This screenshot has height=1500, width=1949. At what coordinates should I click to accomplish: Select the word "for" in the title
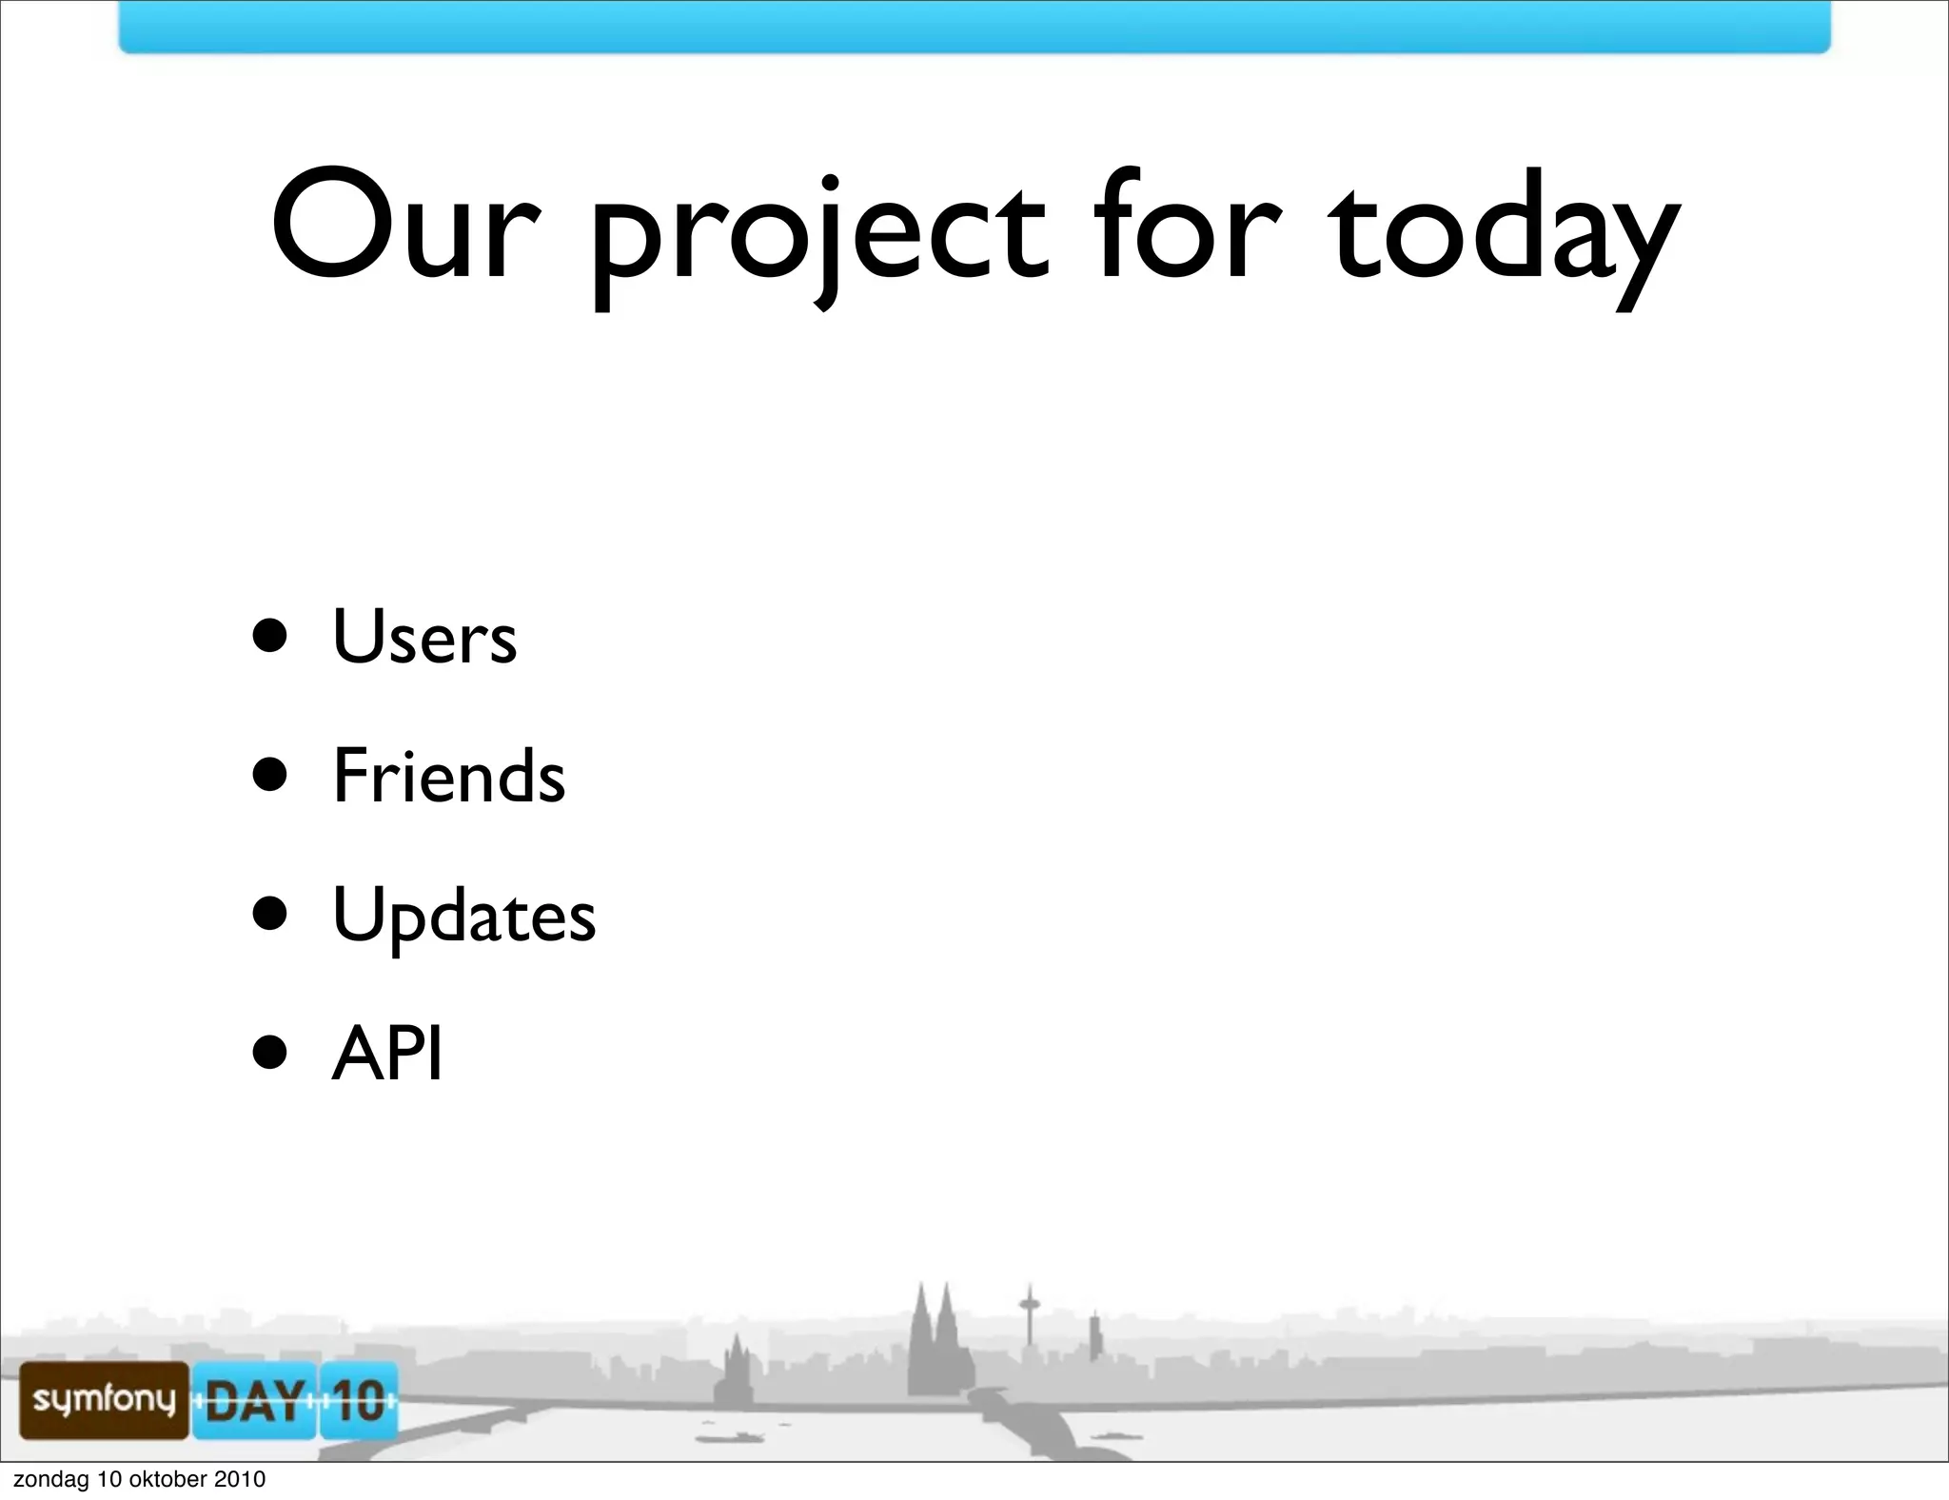click(1186, 227)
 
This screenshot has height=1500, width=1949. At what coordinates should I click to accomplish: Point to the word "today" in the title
click(1504, 233)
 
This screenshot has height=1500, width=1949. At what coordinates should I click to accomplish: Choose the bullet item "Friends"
click(449, 776)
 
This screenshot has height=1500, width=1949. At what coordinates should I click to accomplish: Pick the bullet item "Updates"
click(464, 916)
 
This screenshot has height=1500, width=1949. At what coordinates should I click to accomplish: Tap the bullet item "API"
click(387, 1054)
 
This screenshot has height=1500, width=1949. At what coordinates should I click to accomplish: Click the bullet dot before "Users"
click(270, 636)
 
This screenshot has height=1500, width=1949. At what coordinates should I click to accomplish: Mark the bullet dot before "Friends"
click(270, 775)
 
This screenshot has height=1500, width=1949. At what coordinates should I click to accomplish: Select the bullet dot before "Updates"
click(270, 914)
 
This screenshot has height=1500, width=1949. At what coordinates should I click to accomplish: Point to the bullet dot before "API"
click(270, 1054)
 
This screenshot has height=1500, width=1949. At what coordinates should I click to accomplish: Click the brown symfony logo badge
click(104, 1399)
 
